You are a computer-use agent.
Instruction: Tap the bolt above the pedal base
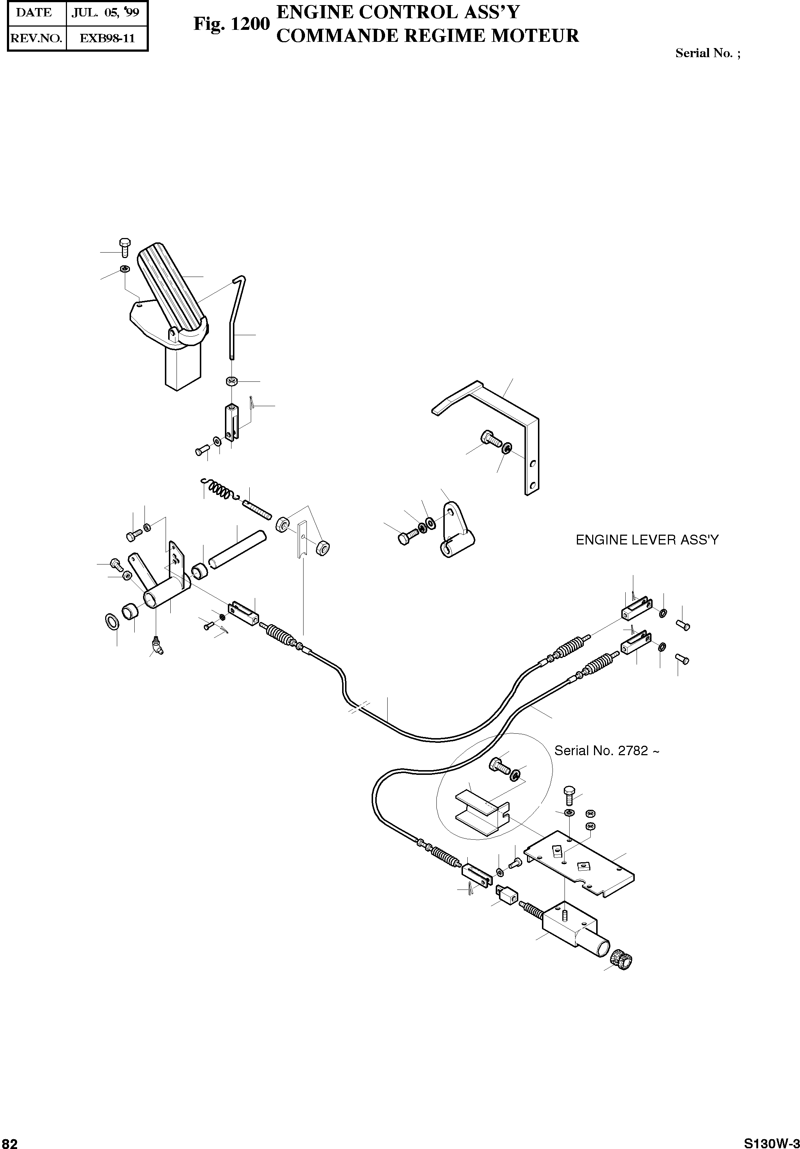[125, 247]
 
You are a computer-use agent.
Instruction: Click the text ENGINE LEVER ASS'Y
[647, 540]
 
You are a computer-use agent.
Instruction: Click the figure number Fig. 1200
[231, 24]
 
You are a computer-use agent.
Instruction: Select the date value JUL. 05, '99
[105, 13]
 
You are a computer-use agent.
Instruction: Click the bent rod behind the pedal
[235, 315]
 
